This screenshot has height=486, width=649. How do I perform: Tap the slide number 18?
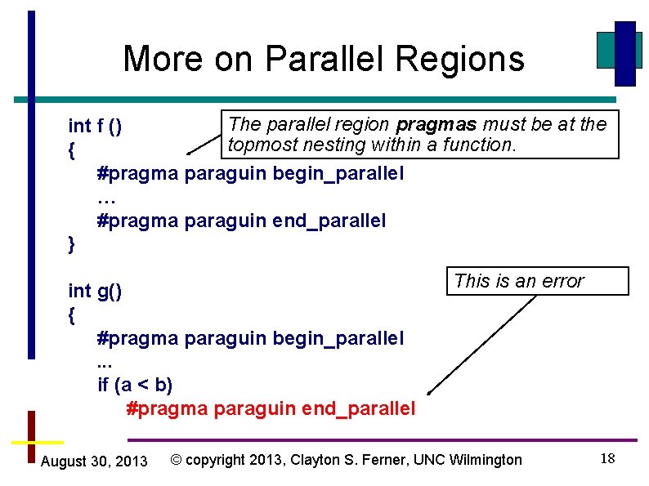(x=607, y=458)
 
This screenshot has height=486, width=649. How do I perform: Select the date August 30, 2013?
(x=94, y=461)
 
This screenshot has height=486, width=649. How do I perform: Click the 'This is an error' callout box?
(x=536, y=281)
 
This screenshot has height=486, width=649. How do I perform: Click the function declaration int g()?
(x=95, y=291)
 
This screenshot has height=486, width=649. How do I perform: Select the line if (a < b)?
(x=135, y=384)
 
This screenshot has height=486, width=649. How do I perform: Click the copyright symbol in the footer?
(x=176, y=460)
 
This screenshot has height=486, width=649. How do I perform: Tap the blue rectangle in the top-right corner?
(x=625, y=53)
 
